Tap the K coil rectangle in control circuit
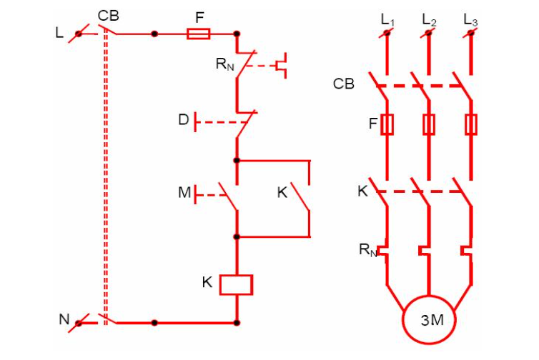(236, 284)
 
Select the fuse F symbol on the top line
(198, 34)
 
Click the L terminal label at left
(59, 33)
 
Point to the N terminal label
(64, 320)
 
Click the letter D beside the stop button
(184, 120)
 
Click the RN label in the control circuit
(224, 64)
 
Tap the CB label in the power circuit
(343, 84)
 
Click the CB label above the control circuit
(109, 16)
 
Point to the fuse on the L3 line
(471, 125)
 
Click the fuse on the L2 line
(429, 125)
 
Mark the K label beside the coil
(207, 282)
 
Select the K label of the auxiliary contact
(282, 192)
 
